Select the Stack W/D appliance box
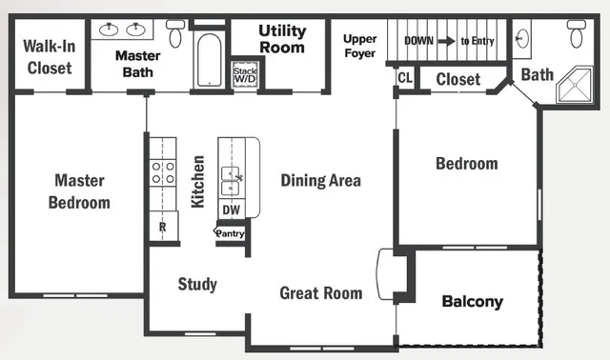point(246,74)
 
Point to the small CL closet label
point(404,77)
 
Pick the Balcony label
point(472,302)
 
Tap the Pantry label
point(230,232)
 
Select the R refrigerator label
point(162,228)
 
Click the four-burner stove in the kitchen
point(163,172)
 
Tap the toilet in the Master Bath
point(175,35)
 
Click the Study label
point(197,284)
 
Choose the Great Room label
point(320,292)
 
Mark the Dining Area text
point(320,180)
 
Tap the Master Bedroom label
point(80,190)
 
